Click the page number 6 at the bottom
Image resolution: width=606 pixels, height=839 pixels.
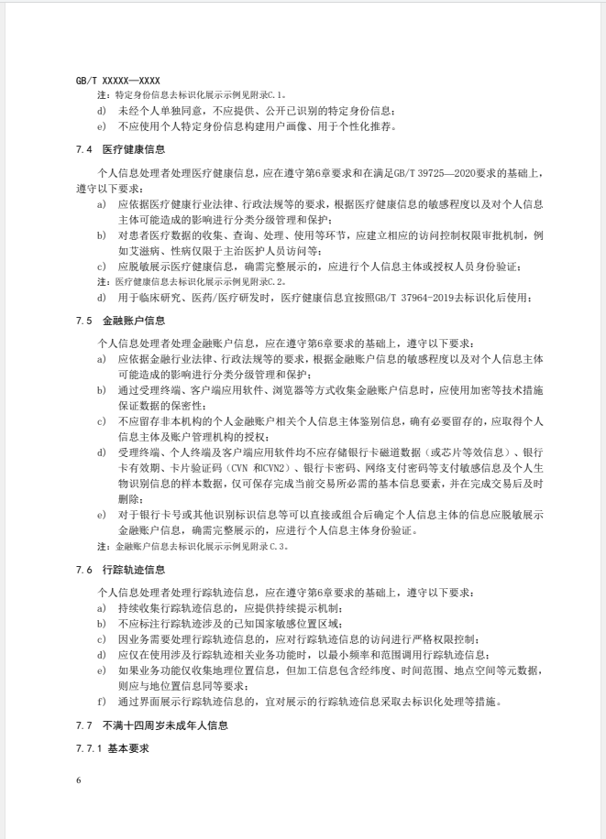79,780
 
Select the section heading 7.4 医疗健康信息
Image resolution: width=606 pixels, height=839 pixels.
121,147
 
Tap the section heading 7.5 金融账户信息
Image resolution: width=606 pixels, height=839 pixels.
121,321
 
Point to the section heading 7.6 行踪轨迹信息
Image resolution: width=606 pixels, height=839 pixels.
121,570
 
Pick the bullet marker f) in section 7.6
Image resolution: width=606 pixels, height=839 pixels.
101,702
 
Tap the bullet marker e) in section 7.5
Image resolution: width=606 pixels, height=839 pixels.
101,515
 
